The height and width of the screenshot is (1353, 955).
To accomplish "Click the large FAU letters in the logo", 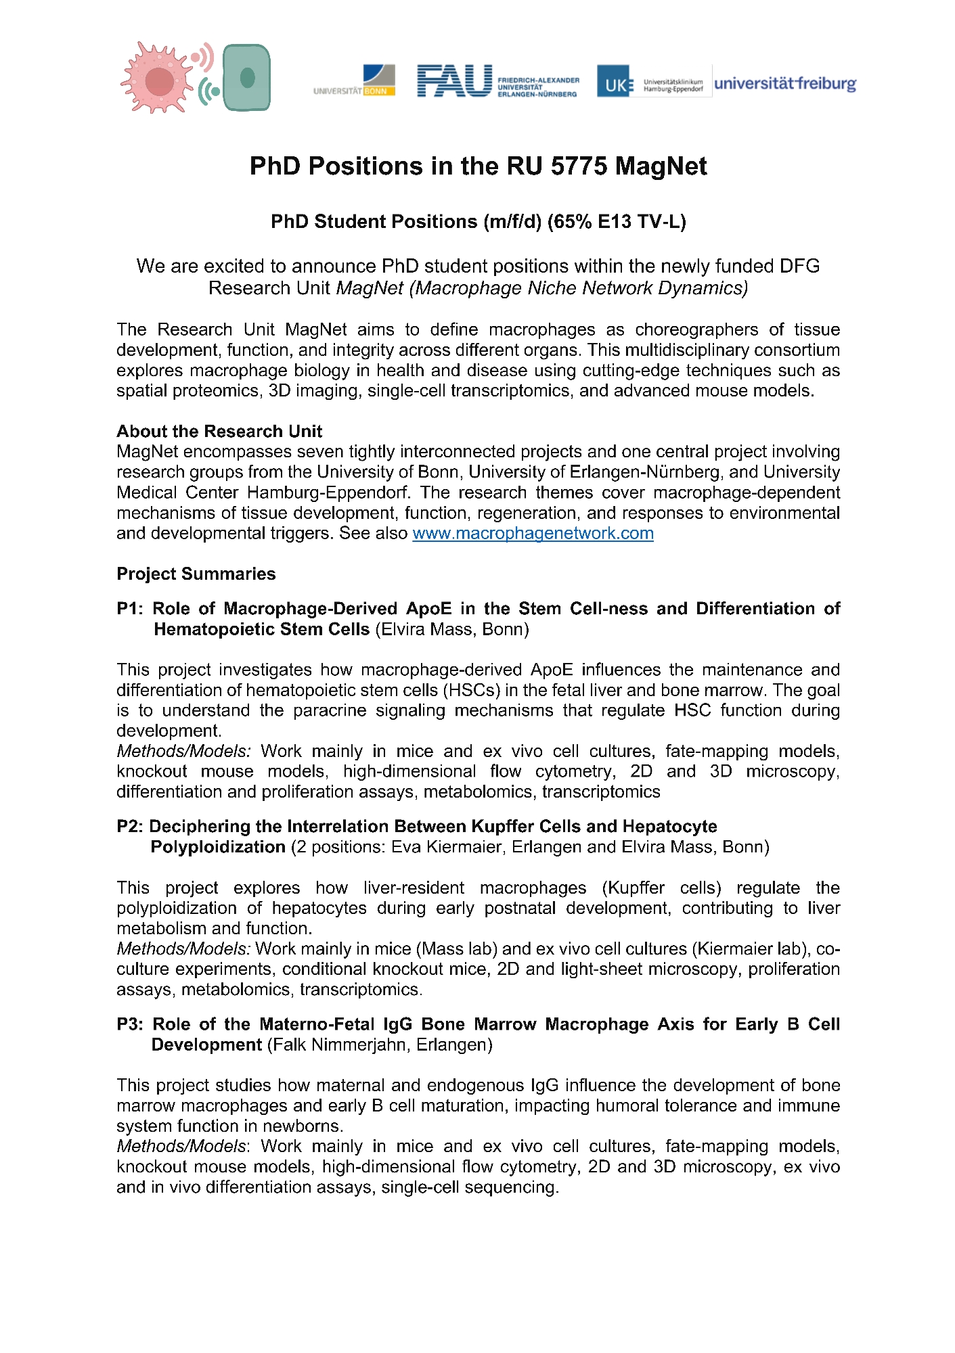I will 454,81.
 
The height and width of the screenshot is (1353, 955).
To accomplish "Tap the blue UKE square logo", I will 613,82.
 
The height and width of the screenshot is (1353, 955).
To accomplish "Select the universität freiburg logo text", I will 785,84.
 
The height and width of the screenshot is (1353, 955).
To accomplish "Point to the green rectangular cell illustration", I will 246,78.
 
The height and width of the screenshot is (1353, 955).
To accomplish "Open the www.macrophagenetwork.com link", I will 533,534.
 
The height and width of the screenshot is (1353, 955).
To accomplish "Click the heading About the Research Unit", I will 219,432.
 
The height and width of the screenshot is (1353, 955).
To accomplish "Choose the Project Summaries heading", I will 196,574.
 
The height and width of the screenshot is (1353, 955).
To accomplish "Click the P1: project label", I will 130,609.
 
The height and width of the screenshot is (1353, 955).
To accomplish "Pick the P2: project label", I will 130,827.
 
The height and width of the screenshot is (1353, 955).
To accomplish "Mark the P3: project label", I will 130,1024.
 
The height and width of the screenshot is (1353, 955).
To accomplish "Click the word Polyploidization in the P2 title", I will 218,848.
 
